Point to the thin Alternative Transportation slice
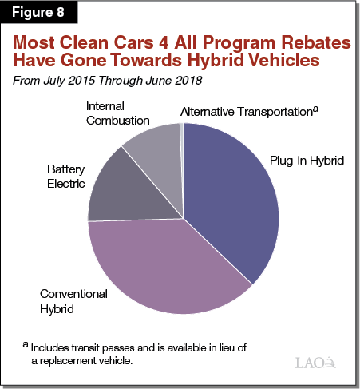(x=183, y=136)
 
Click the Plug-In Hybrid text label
(x=306, y=161)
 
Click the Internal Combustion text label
(x=118, y=113)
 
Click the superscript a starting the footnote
(x=26, y=345)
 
